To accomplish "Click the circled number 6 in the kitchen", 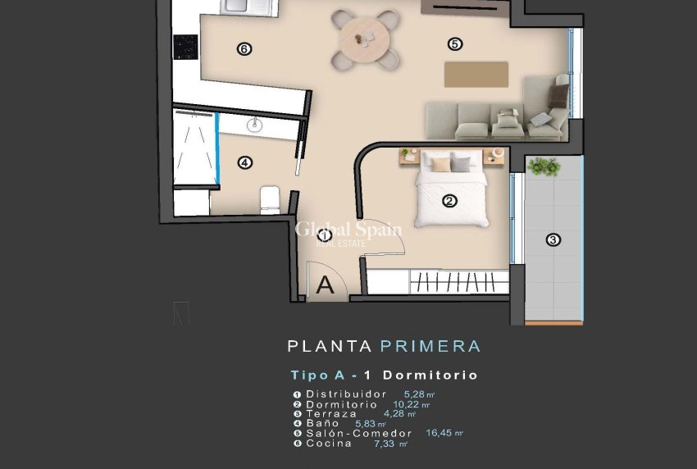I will [x=244, y=49].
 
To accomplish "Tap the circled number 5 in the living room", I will [x=455, y=43].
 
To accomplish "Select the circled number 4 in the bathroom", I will [x=244, y=162].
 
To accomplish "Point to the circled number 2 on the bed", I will [x=449, y=201].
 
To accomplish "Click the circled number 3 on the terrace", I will [x=553, y=239].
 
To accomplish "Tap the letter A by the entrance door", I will [x=326, y=285].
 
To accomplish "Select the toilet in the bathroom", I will [x=269, y=199].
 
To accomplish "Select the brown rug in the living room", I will [x=476, y=74].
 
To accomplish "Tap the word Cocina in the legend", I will [x=329, y=444].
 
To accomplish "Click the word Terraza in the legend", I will [x=331, y=414].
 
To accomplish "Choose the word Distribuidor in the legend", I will [x=345, y=394].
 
